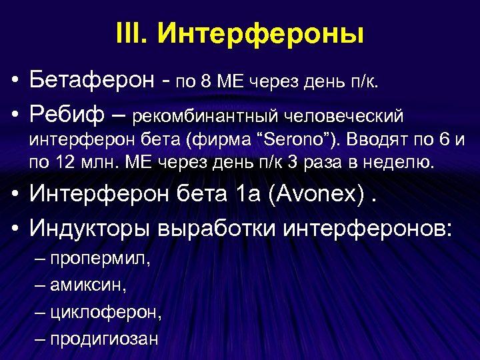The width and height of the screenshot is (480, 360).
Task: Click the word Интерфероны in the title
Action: point(261,34)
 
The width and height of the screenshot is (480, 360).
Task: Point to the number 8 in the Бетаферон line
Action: point(207,82)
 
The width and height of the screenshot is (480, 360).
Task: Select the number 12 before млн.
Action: point(66,162)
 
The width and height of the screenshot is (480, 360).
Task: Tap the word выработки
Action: point(219,229)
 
